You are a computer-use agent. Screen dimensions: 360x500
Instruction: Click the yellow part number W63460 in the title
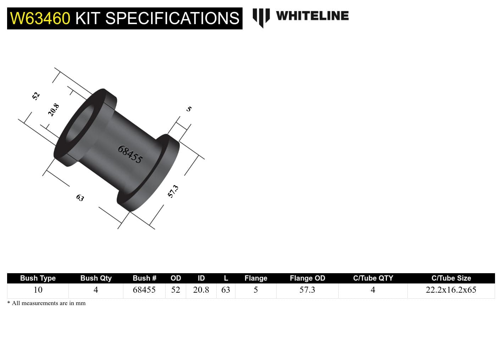pyautogui.click(x=40, y=18)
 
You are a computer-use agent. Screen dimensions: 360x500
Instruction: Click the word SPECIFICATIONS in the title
pyautogui.click(x=172, y=18)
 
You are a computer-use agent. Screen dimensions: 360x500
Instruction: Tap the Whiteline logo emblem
pyautogui.click(x=261, y=17)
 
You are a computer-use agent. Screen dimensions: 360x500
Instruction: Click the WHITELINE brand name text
pyautogui.click(x=312, y=16)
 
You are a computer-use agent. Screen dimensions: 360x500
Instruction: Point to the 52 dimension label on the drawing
pyautogui.click(x=36, y=96)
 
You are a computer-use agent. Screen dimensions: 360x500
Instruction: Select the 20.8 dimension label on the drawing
pyautogui.click(x=54, y=110)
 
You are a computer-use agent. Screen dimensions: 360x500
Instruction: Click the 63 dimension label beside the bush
pyautogui.click(x=80, y=198)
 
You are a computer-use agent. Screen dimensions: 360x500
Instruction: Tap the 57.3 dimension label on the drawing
pyautogui.click(x=173, y=191)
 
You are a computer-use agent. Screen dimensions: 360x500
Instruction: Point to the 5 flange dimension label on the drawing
pyautogui.click(x=189, y=109)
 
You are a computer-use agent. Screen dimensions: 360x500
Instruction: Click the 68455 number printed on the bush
pyautogui.click(x=130, y=154)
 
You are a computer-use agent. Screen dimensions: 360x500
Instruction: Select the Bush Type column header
pyautogui.click(x=38, y=278)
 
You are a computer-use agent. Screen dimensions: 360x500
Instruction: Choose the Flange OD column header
pyautogui.click(x=307, y=278)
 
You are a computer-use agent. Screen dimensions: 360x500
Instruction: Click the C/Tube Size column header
pyautogui.click(x=451, y=278)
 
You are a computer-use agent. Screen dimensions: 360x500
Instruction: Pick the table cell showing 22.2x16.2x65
pyautogui.click(x=451, y=290)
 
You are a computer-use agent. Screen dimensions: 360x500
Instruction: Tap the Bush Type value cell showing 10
pyautogui.click(x=38, y=290)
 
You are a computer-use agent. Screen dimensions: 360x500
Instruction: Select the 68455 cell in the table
pyautogui.click(x=144, y=290)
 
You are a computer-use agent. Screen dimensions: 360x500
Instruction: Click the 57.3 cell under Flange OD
pyautogui.click(x=307, y=290)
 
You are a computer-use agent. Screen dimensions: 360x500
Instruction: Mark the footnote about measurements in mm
pyautogui.click(x=46, y=303)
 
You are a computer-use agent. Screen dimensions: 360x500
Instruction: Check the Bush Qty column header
pyautogui.click(x=96, y=278)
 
